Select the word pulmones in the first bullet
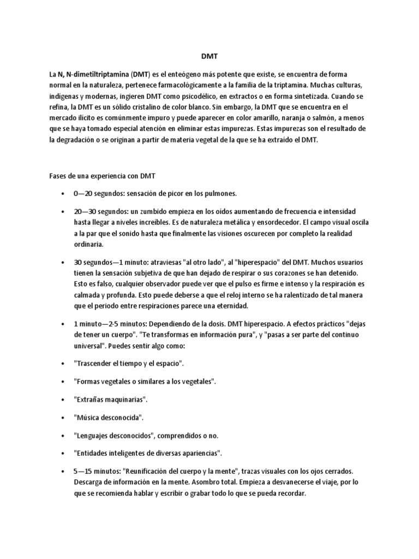(x=219, y=194)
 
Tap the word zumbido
(x=146, y=211)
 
